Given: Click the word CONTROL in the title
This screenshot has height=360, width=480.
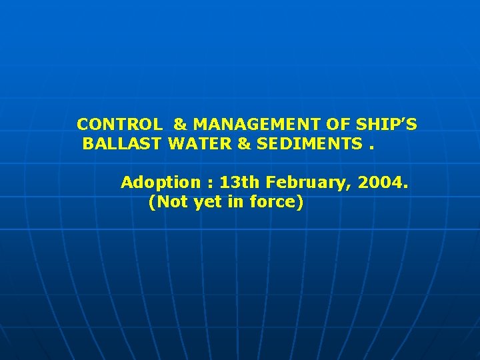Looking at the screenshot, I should coord(119,124).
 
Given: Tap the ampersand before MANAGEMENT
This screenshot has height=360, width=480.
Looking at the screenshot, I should coord(180,124).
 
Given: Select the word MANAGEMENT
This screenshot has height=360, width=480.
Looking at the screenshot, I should coord(265,124).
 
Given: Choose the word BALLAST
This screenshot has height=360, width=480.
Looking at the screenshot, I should coord(124,143).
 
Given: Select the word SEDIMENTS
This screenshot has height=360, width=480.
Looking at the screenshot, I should coord(308,143).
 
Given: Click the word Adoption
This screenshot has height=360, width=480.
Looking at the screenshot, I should coord(160,183).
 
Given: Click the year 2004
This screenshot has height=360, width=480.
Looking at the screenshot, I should coord(381,182).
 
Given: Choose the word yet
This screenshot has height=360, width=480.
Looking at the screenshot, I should coord(207,202).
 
